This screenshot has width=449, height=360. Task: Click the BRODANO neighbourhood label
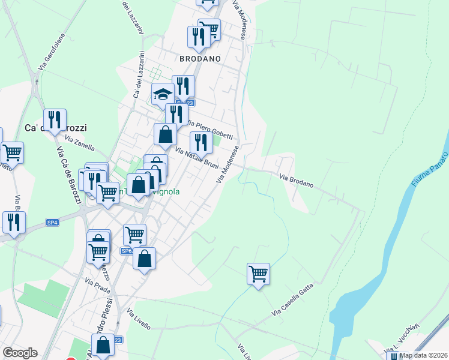coord(200,59)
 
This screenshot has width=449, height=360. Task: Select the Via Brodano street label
coord(297,181)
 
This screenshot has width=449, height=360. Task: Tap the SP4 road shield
coord(53,223)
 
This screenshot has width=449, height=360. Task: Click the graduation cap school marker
coord(162,94)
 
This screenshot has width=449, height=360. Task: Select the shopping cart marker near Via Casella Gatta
coord(258,274)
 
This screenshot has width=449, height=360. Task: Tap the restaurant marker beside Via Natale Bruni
coord(200,142)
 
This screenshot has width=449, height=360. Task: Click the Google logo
coord(20,353)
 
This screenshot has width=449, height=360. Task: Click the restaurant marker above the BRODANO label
coord(197,37)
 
